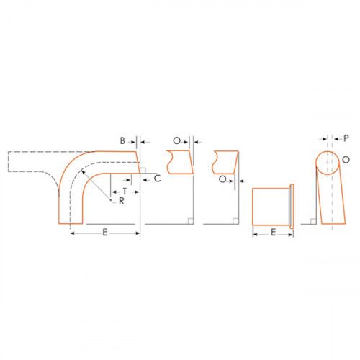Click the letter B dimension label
pos(122,140)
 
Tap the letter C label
pos(158,179)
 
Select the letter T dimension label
pos(125,192)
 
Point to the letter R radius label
pos(122,201)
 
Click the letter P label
pos(346,138)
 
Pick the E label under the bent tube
pos(105,233)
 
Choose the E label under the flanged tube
pos(273,233)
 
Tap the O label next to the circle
pos(346,160)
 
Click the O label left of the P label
pos(176,140)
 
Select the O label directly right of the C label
pos(222,179)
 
